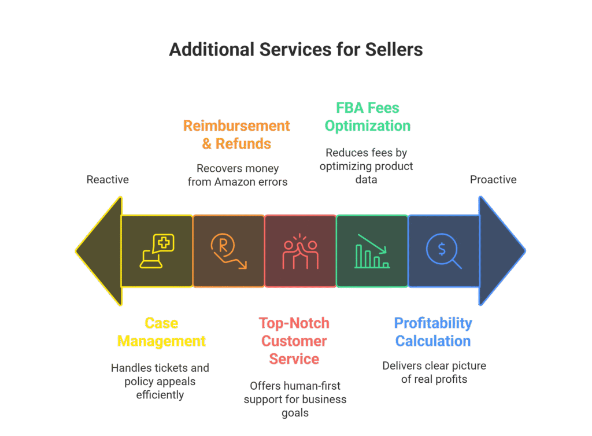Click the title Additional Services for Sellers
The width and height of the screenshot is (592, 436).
[295, 50]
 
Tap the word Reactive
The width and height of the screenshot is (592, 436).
[108, 180]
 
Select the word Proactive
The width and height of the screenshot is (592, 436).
[493, 180]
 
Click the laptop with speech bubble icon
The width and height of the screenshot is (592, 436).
[157, 251]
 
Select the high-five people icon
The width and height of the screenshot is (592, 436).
[300, 252]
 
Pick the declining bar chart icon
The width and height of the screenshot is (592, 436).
[372, 251]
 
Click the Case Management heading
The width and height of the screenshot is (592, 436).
[161, 332]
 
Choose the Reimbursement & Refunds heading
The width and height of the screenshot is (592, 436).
[236, 134]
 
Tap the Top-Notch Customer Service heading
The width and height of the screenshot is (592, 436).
[294, 341]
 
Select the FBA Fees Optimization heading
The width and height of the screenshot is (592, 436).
[368, 117]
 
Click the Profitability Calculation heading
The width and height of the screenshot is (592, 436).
[433, 332]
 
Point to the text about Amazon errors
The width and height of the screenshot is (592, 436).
[238, 175]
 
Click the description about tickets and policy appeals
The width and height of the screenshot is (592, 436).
[160, 381]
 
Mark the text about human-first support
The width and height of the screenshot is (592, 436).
[295, 399]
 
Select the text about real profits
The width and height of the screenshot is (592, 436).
[434, 372]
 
